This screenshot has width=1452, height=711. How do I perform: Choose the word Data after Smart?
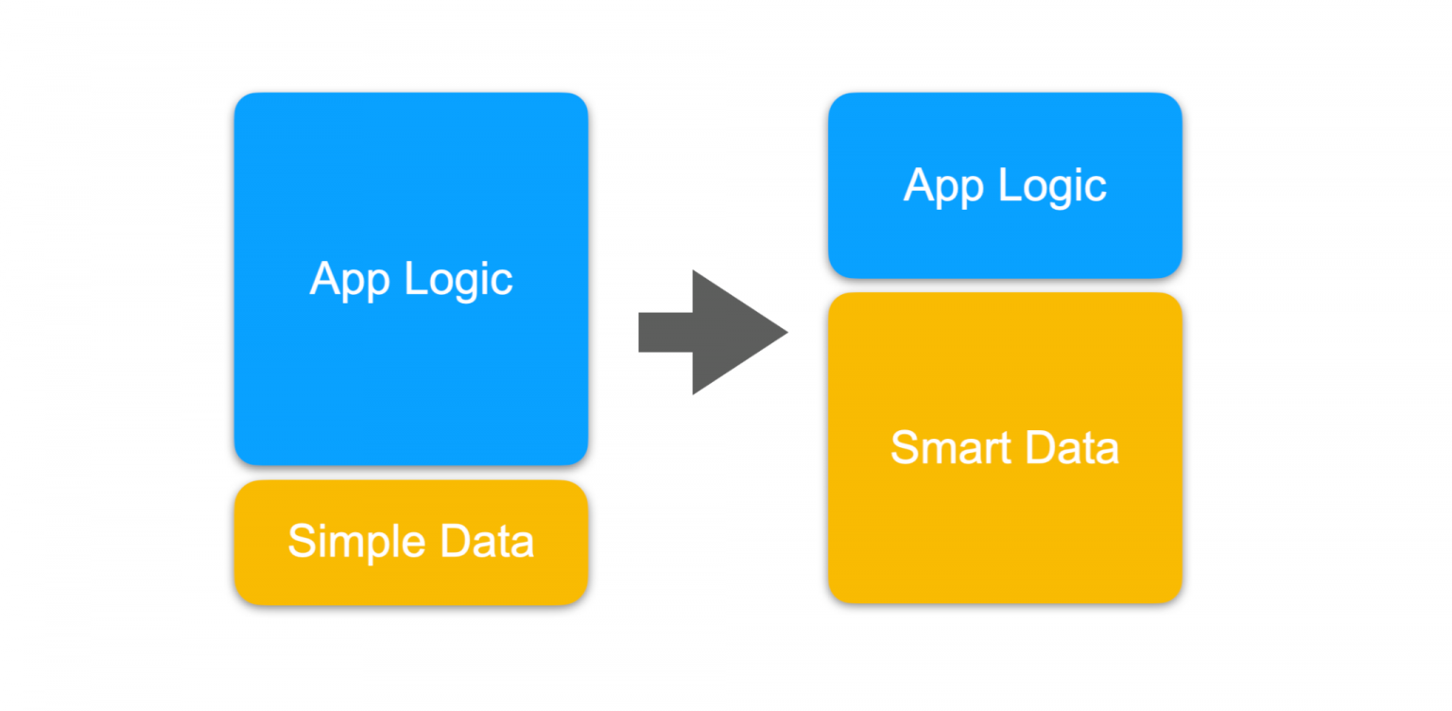(x=1072, y=447)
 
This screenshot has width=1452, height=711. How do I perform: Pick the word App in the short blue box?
(x=942, y=186)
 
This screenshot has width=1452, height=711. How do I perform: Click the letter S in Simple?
(x=300, y=542)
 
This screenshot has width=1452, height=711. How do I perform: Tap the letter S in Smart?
(x=904, y=447)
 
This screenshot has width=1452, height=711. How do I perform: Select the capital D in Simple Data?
(x=428, y=542)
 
